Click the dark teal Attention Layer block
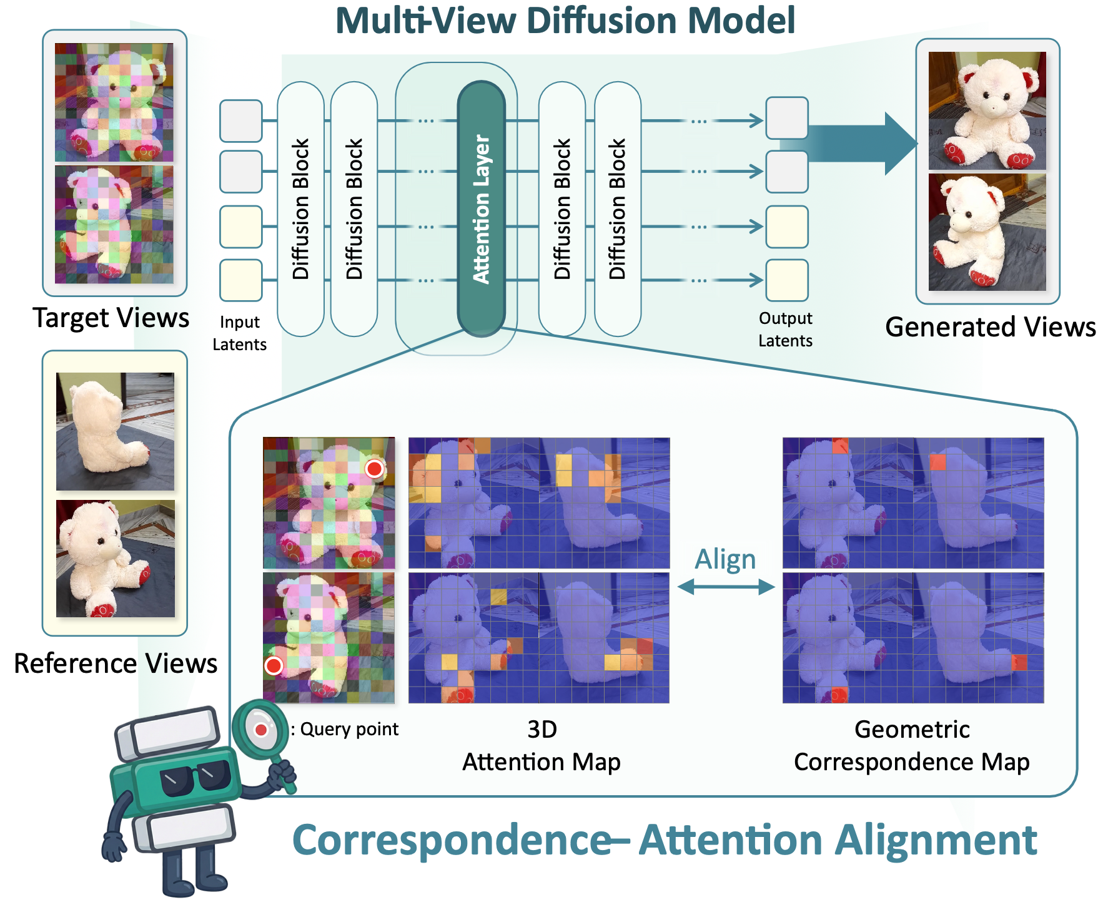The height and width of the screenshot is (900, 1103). pos(481,209)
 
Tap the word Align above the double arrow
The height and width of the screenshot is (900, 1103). pos(725,559)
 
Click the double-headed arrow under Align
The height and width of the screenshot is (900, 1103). pos(726,587)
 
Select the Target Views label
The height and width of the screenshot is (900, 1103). pos(111,318)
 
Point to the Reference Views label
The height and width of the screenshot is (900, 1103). pos(116,663)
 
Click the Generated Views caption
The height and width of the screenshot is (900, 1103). pos(990,327)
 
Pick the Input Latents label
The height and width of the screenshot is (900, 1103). pos(239,333)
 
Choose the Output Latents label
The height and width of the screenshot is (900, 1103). pos(785,330)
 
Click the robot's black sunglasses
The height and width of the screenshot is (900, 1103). pos(195,778)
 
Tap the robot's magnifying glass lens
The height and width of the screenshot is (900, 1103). pos(260,729)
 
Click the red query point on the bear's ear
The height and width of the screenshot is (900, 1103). pos(374,469)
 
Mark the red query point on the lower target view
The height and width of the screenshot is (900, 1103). pos(274,666)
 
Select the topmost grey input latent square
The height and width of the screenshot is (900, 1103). pos(240,120)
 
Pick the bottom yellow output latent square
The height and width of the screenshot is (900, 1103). pos(787,280)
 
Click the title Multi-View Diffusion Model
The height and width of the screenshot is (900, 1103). pos(565,21)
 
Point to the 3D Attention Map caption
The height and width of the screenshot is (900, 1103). pos(542,745)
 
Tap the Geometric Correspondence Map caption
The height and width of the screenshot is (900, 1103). pos(912,745)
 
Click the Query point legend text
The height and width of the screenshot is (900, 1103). pos(349,729)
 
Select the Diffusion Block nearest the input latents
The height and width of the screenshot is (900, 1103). pos(300,209)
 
